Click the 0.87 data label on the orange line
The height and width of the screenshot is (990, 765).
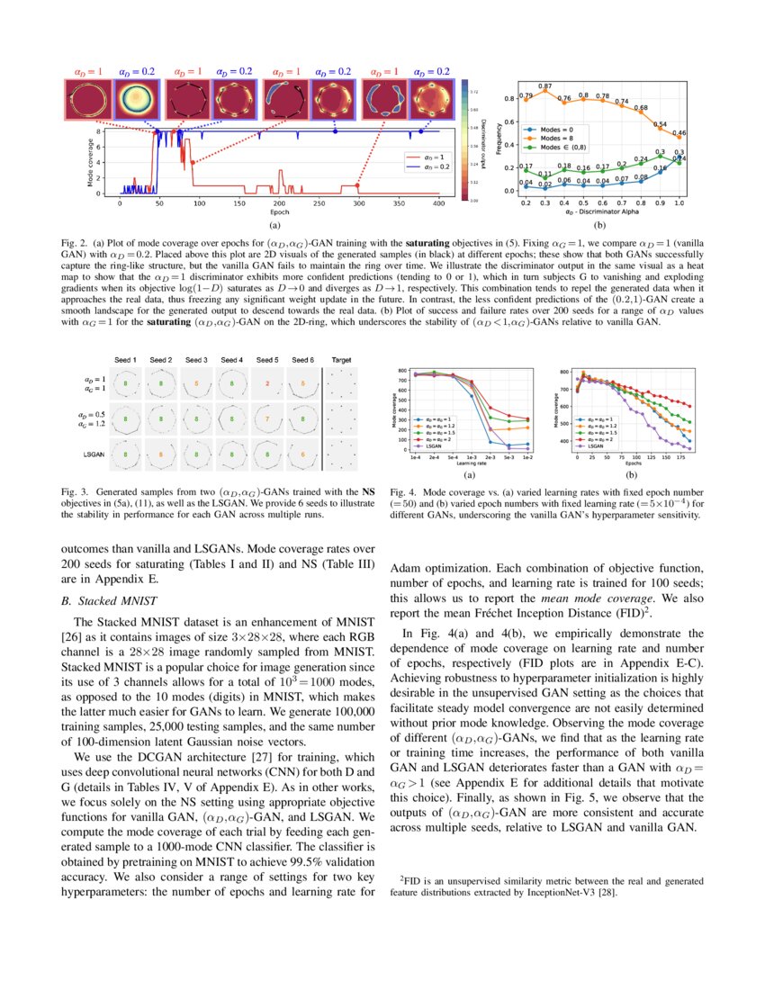pos(545,85)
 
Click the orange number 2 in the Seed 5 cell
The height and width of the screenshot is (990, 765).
pos(267,382)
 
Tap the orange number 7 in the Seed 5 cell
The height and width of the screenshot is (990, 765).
pos(267,419)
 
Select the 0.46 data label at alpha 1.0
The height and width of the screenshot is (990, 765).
pos(679,133)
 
